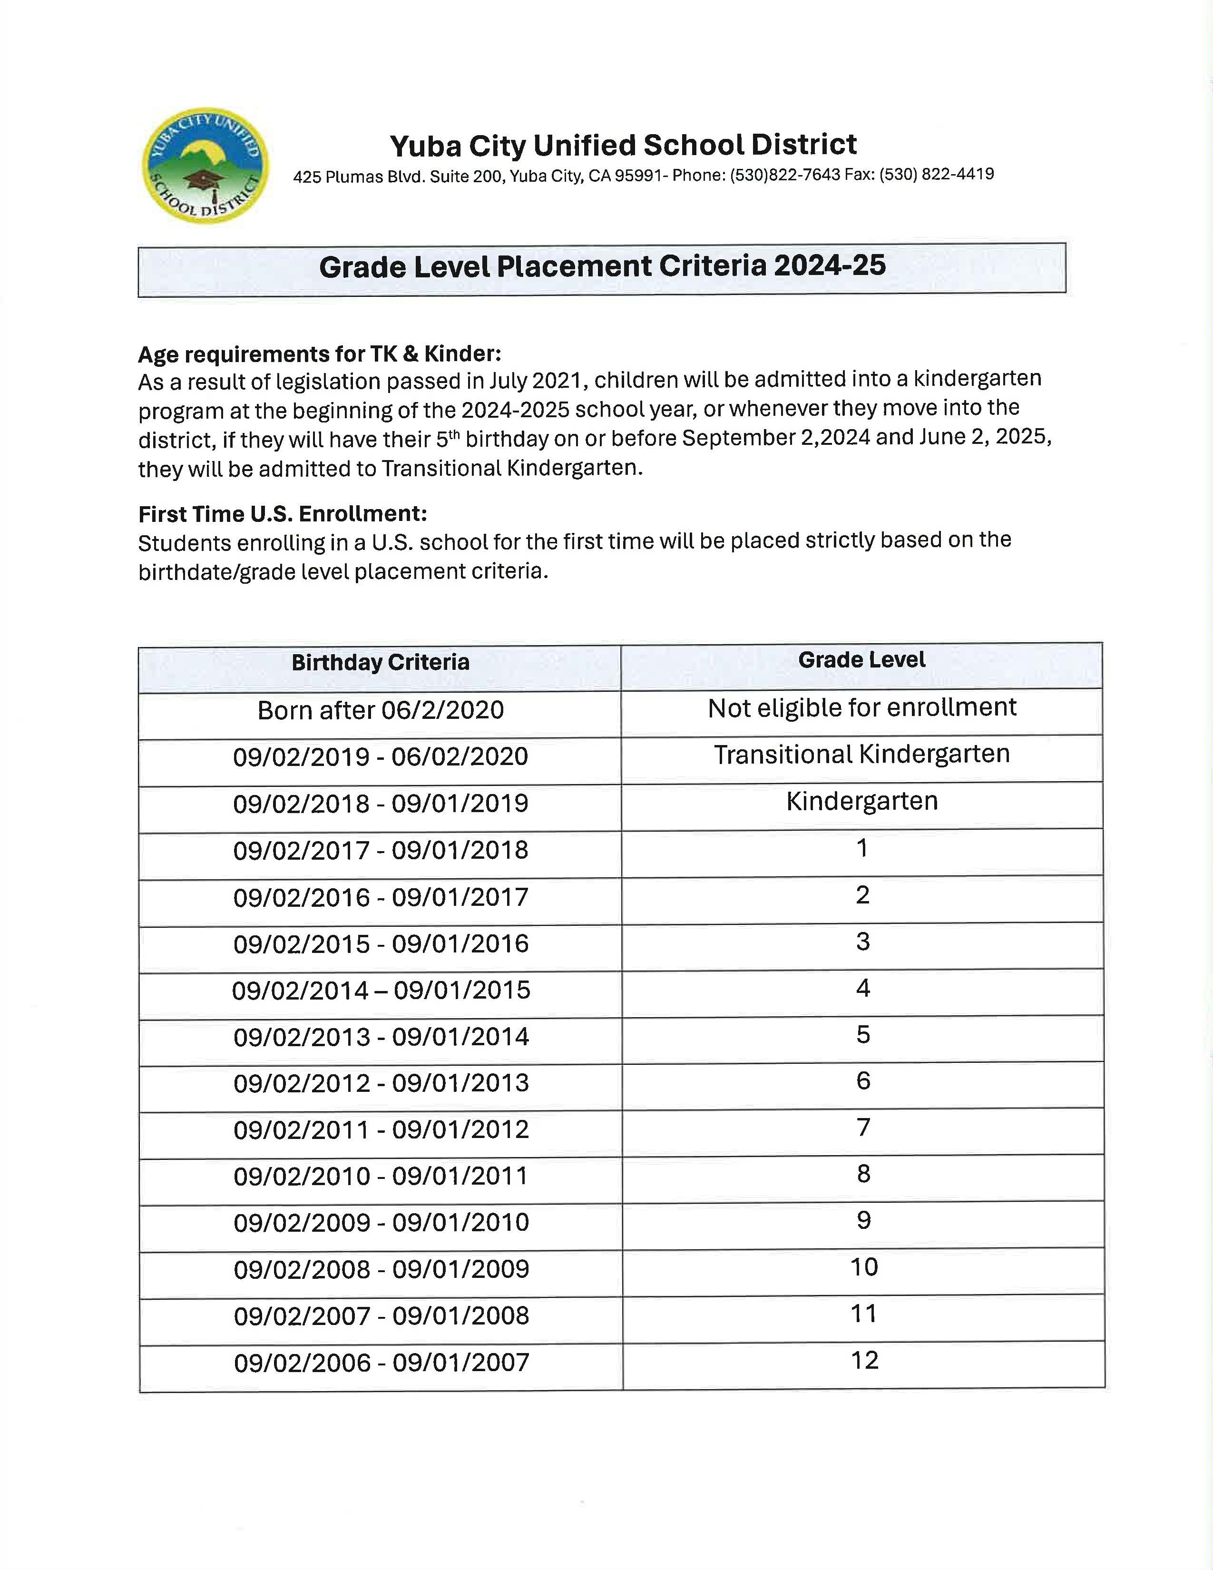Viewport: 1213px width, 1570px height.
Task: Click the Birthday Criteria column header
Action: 380,662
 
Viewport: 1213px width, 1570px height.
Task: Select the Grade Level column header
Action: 861,660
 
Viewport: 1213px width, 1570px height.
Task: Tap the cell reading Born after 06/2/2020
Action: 380,710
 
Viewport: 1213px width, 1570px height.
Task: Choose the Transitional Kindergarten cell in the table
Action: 861,755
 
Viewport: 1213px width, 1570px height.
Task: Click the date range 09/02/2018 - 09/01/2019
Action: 380,804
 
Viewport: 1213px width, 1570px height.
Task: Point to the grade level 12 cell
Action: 864,1360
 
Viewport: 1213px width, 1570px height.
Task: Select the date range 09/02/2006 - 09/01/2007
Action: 382,1363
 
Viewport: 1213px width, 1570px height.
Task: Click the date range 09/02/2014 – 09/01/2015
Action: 381,991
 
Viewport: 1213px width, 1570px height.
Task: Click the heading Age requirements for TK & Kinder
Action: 320,354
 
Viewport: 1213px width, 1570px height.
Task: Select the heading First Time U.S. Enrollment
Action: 283,514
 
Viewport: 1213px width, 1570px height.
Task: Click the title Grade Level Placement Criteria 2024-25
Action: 602,267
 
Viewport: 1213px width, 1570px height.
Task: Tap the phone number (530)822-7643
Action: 785,175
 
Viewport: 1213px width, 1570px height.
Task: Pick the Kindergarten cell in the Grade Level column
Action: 861,802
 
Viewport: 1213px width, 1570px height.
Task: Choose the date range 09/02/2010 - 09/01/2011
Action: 381,1177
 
